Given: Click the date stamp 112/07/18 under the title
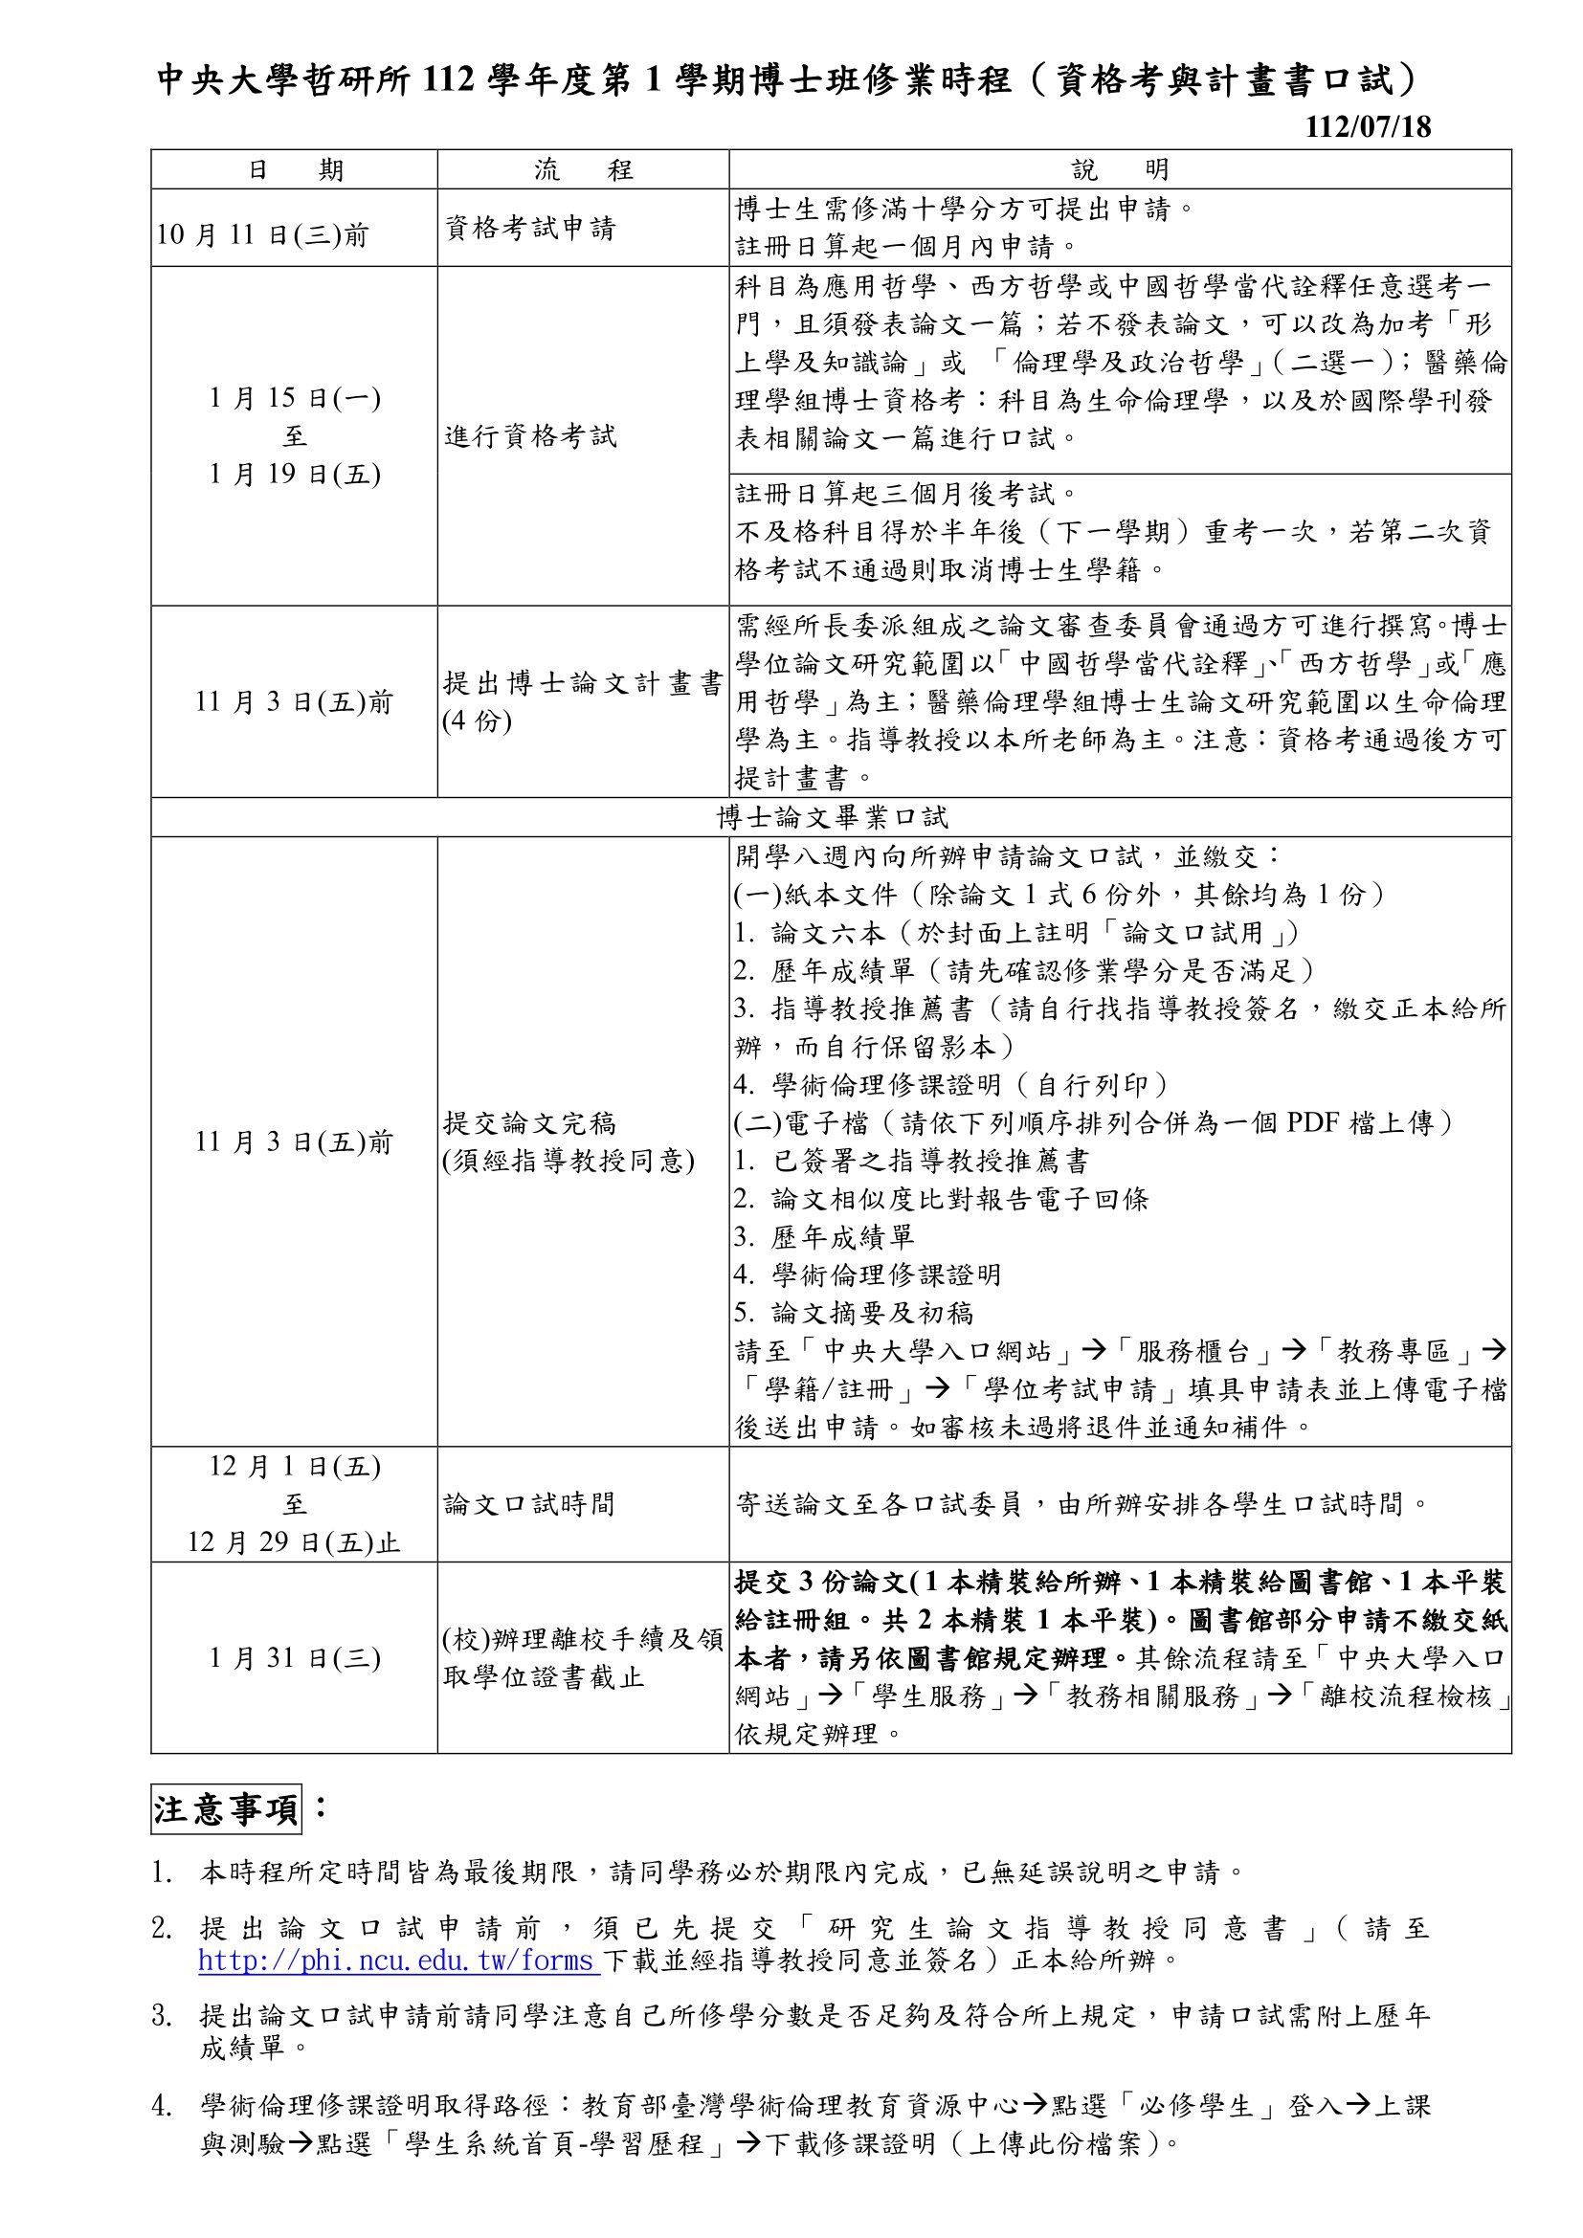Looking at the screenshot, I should pyautogui.click(x=1368, y=127).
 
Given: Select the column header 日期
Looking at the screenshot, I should pyautogui.click(x=295, y=169).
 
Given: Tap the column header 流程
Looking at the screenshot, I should pyautogui.click(x=583, y=169).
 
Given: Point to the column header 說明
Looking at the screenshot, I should pyautogui.click(x=1120, y=169).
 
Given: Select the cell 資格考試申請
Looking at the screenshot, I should pyautogui.click(x=530, y=228).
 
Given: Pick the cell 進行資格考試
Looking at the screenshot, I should pyautogui.click(x=530, y=435).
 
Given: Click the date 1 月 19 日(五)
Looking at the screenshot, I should pyautogui.click(x=295, y=474).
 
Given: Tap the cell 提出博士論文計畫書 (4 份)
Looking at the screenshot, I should pyautogui.click(x=583, y=700).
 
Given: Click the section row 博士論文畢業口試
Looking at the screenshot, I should pyautogui.click(x=832, y=817).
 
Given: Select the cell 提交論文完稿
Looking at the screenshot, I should pyautogui.click(x=530, y=1123).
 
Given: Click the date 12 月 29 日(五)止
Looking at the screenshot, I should pyautogui.click(x=295, y=1542).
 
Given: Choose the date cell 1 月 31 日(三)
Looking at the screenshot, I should pyautogui.click(x=295, y=1658).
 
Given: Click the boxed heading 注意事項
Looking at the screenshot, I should pyautogui.click(x=226, y=1809).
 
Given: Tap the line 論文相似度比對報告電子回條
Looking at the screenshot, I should pyautogui.click(x=959, y=1199).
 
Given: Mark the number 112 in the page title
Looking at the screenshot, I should pyautogui.click(x=450, y=80).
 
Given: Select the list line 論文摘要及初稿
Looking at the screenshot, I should pyautogui.click(x=872, y=1313).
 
